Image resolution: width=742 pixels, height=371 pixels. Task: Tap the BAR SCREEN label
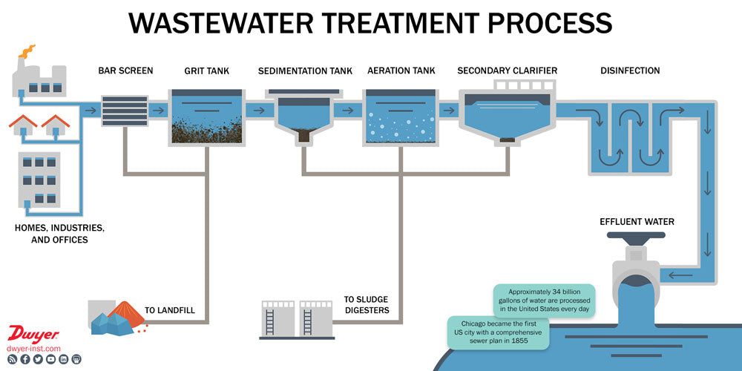click(125, 71)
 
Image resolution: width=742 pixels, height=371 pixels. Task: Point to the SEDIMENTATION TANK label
click(305, 71)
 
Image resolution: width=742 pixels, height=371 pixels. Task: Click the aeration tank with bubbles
click(401, 117)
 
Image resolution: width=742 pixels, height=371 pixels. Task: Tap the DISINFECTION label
click(629, 71)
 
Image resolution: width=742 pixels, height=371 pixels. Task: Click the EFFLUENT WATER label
click(637, 221)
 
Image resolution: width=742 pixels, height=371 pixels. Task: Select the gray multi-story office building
click(39, 178)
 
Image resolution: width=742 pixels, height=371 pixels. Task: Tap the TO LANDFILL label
click(170, 310)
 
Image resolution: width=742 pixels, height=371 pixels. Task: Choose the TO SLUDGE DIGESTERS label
click(367, 305)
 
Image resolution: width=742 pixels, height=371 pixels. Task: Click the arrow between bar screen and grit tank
click(157, 111)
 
